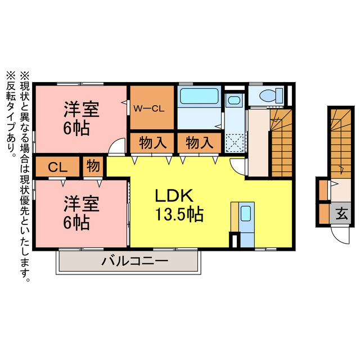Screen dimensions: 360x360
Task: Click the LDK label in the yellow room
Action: pyautogui.click(x=174, y=196)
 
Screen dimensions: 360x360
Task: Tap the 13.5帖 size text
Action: pyautogui.click(x=179, y=214)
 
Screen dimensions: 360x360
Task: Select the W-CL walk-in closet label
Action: pyautogui.click(x=148, y=109)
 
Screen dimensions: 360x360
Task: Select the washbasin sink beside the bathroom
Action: pyautogui.click(x=233, y=102)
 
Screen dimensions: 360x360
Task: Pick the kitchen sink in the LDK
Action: pyautogui.click(x=246, y=214)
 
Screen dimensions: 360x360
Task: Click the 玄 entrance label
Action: pyautogui.click(x=341, y=213)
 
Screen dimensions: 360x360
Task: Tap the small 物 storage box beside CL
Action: pyautogui.click(x=93, y=166)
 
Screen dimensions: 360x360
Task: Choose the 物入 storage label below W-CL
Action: pyautogui.click(x=152, y=143)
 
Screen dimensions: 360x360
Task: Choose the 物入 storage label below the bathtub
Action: pyautogui.click(x=199, y=143)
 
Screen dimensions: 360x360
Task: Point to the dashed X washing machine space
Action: pyautogui.click(x=235, y=142)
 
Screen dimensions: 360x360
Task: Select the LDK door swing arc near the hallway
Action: pyautogui.click(x=238, y=165)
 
